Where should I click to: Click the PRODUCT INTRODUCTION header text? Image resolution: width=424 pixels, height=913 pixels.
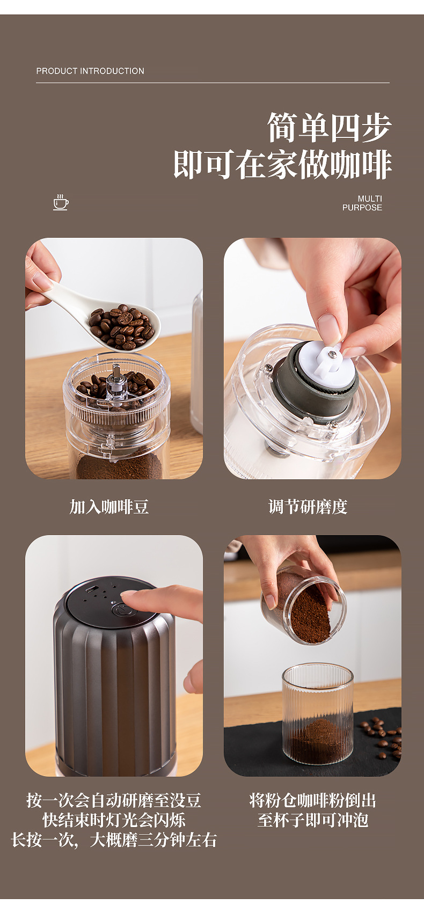pos(90,71)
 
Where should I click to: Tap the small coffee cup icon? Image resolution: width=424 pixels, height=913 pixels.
pos(61,202)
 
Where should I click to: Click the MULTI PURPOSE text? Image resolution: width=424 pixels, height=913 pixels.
pos(362,203)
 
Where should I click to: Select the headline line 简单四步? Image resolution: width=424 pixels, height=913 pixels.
pos(329,128)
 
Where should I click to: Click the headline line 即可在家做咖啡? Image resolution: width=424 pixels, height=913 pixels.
pos(282,164)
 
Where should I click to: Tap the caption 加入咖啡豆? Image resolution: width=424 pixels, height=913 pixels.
pos(109,507)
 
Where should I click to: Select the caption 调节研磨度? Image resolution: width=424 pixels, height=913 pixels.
pos(308,507)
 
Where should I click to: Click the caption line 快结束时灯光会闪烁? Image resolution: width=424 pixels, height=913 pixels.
pos(114,820)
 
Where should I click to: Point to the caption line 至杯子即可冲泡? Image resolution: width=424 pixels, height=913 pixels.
pos(312,820)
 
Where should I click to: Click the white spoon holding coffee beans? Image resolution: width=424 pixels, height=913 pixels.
pos(107,317)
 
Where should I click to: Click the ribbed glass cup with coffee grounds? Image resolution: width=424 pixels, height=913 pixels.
pos(318,714)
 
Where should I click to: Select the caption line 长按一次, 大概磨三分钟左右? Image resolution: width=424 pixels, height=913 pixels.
pos(114,839)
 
